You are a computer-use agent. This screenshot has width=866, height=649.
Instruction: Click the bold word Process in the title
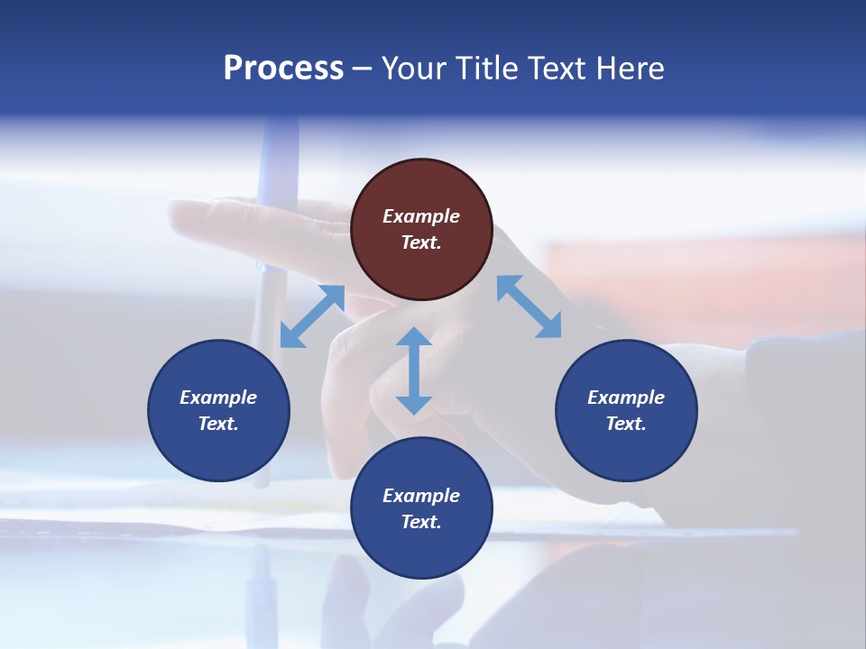283,68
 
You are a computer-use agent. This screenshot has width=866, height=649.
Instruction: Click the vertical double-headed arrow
414,370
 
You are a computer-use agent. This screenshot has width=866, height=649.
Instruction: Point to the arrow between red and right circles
529,306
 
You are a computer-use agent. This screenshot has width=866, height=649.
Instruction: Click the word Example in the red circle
421,216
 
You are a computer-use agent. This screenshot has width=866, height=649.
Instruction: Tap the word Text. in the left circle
218,424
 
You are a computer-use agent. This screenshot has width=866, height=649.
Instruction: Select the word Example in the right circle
626,398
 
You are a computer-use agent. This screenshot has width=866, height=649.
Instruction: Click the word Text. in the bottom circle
421,522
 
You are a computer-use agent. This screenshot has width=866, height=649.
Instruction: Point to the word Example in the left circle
218,398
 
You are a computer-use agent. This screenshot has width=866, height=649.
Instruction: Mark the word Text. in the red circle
421,242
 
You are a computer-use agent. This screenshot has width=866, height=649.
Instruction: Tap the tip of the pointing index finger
180,215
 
